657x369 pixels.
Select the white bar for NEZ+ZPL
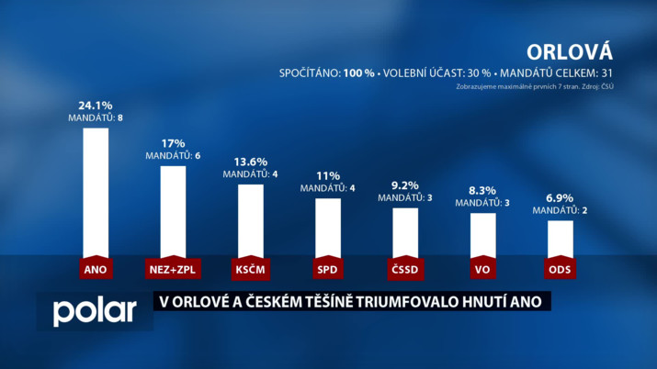tap(173, 210)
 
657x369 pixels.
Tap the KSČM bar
tap(251, 219)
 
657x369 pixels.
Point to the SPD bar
tap(328, 227)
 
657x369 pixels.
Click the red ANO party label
tap(96, 269)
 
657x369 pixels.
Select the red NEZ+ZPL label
tap(173, 269)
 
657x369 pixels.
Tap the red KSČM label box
tap(251, 269)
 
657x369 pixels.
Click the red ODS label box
tap(561, 269)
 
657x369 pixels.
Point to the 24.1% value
tap(96, 106)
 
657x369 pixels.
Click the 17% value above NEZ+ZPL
tap(173, 143)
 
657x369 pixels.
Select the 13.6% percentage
tap(251, 162)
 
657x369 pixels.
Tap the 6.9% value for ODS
tap(561, 198)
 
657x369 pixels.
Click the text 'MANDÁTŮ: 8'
tap(96, 118)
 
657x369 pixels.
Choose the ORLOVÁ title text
tap(570, 50)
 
